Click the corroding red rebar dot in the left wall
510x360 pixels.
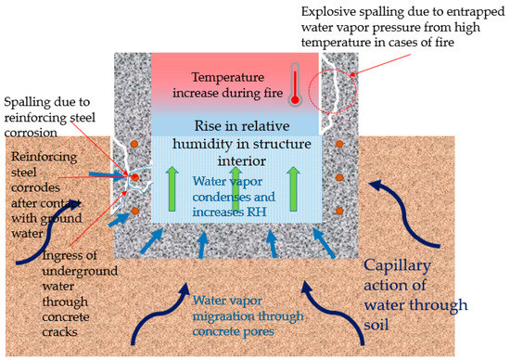pyautogui.click(x=135, y=176)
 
